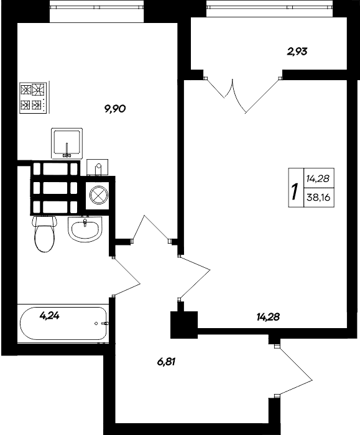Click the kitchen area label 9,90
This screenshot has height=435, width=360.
point(116,108)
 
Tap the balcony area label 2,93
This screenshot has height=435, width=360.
point(297,52)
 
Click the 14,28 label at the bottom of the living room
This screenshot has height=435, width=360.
point(267,317)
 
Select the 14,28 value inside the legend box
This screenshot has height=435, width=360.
point(318,178)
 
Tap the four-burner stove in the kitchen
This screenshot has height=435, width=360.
point(33,97)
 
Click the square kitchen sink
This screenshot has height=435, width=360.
point(67,142)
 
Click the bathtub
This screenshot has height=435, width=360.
point(62,323)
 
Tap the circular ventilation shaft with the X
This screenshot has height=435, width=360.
point(99,196)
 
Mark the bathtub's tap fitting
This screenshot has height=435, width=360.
point(103,323)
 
